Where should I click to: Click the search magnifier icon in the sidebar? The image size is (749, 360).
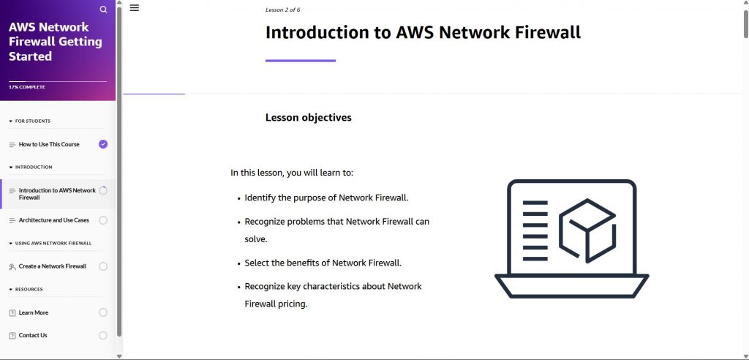[103, 10]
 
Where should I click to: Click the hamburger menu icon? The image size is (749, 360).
[135, 8]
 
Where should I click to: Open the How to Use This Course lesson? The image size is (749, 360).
[49, 144]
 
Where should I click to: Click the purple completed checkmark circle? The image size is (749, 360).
[103, 144]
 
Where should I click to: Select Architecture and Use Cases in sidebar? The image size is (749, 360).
[53, 220]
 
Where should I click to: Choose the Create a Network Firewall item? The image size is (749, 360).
[52, 266]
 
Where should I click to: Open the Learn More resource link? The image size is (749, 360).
[34, 312]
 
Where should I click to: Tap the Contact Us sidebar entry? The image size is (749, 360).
[33, 335]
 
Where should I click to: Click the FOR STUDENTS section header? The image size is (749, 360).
[32, 121]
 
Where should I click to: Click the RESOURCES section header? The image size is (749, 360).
[29, 289]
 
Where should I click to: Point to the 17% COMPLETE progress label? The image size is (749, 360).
[27, 87]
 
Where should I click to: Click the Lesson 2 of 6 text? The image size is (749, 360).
[282, 10]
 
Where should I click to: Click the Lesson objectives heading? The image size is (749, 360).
[308, 117]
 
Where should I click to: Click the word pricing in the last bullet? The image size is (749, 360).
[292, 304]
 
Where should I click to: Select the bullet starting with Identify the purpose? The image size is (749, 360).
[326, 198]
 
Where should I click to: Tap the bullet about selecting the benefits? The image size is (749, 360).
[323, 263]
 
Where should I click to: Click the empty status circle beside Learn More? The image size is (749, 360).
[103, 312]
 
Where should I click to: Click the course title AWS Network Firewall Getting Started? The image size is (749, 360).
[55, 42]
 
